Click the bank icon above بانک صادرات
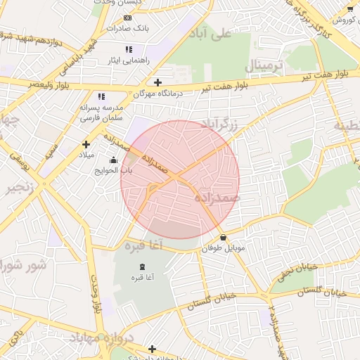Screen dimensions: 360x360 point(127,18)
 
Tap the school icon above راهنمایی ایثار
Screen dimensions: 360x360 point(128,49)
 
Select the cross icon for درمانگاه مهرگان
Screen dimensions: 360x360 point(159,82)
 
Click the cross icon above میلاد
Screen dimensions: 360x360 point(86,143)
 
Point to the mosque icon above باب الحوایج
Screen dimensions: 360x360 point(115,160)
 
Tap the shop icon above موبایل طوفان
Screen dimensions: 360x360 point(224,238)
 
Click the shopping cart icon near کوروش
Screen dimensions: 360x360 point(350,8)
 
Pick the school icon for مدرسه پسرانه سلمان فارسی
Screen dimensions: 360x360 point(101,96)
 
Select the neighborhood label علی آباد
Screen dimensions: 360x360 point(214,33)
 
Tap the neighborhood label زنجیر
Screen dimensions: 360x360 point(19,188)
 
